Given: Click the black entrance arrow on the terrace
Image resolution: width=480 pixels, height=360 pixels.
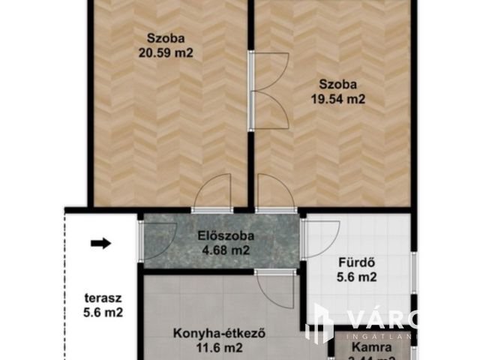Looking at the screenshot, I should pos(100,243).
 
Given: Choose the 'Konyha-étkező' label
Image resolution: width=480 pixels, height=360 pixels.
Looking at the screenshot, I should pos(211,332).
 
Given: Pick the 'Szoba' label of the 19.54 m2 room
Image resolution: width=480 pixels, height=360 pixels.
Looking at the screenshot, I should pos(336,82).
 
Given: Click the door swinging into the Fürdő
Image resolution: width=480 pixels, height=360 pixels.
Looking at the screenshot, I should pos(321,238).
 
